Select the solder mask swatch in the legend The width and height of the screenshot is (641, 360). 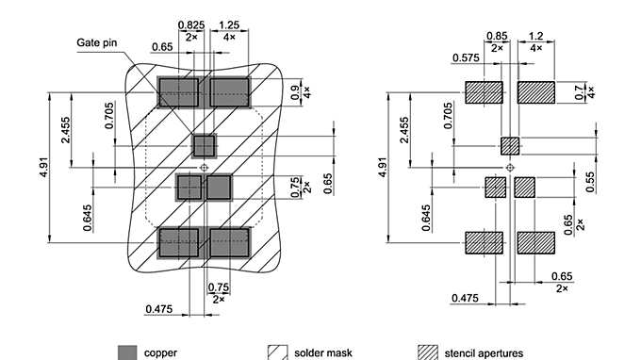pos(278,352)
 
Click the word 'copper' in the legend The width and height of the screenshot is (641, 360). pos(160,352)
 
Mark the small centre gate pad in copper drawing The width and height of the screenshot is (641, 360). pos(204,145)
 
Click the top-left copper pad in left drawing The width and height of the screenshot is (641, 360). pos(178,92)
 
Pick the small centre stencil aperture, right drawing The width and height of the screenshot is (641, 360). pos(510,145)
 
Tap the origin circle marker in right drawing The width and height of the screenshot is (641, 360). pos(510,167)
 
